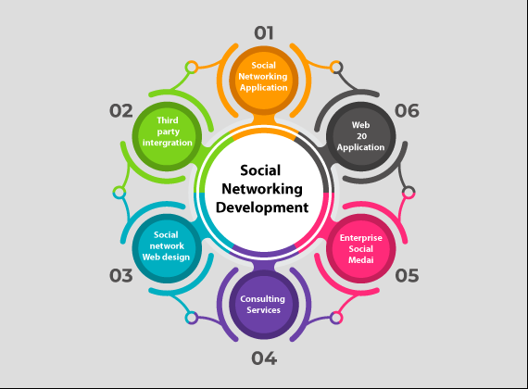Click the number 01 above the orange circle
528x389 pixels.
click(x=264, y=33)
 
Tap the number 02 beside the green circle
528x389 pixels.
click(x=121, y=111)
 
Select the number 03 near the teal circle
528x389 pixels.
click(x=121, y=275)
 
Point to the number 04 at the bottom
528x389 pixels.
click(x=264, y=358)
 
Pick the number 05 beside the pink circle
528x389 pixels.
click(x=407, y=275)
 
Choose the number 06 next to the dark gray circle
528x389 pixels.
click(x=407, y=111)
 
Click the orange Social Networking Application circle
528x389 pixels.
click(x=264, y=81)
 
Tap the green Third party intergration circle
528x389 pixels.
click(x=167, y=136)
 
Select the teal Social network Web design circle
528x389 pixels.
click(x=167, y=248)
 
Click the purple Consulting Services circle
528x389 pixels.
click(x=264, y=305)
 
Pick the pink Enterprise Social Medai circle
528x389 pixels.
click(x=360, y=248)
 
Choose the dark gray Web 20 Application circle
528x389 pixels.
click(x=360, y=136)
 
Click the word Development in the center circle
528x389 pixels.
click(x=262, y=207)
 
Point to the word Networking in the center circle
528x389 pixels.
click(x=262, y=189)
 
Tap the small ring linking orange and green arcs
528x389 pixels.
click(x=192, y=68)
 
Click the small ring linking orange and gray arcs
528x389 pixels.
click(x=336, y=68)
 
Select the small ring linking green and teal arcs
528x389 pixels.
click(x=119, y=193)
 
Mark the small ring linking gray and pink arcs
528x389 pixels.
click(x=409, y=193)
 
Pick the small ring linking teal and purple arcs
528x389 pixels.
click(x=192, y=318)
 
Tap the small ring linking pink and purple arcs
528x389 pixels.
click(x=336, y=318)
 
